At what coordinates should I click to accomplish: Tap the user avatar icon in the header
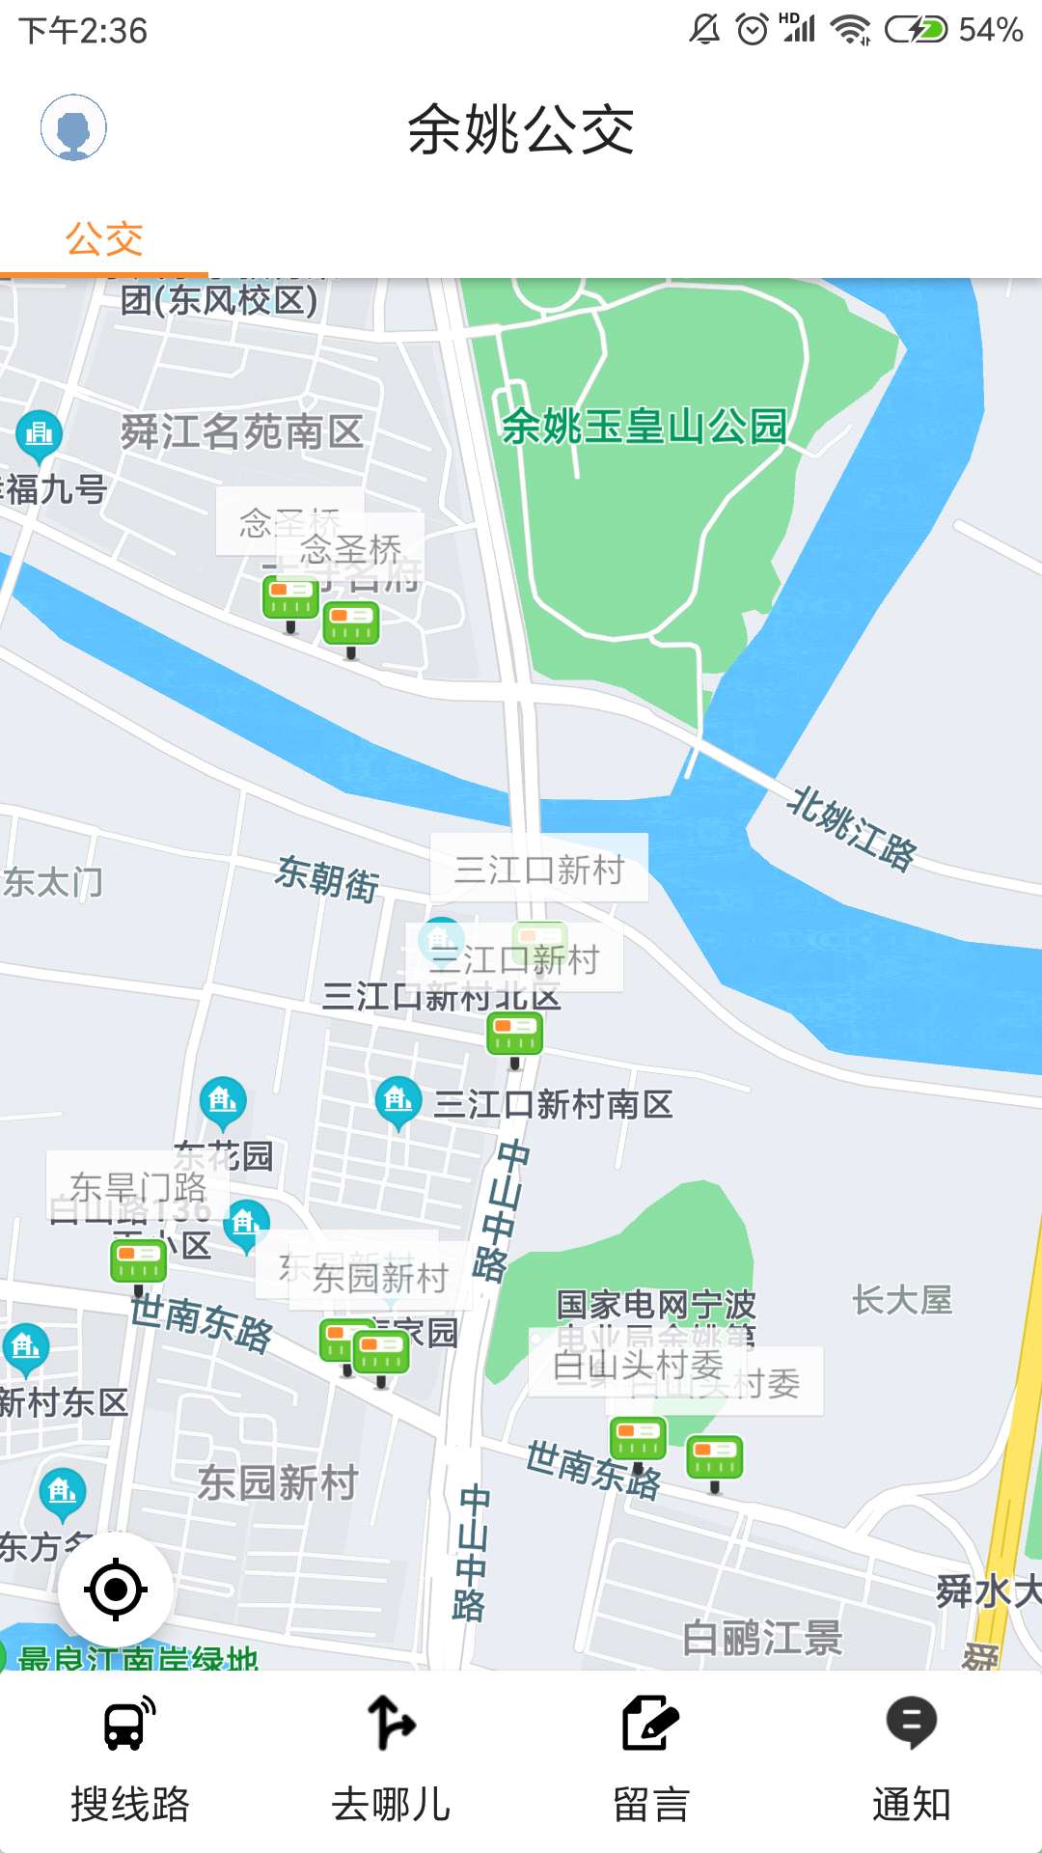(73, 127)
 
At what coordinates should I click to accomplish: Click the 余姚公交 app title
(521, 129)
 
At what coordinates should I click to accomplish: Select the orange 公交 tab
(104, 239)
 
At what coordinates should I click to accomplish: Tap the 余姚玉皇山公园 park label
(644, 426)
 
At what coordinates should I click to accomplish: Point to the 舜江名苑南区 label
(241, 431)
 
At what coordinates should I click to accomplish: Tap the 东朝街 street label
(327, 877)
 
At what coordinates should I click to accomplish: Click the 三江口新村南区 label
(552, 1104)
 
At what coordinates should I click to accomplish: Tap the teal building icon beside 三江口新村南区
(398, 1101)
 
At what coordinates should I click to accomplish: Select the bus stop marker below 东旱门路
(138, 1262)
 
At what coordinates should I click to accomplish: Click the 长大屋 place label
(902, 1300)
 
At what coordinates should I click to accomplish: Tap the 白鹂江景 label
(762, 1638)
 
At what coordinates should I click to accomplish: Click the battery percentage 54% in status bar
(990, 30)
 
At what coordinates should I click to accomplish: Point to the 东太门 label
(53, 881)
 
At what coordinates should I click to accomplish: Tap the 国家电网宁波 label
(656, 1304)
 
